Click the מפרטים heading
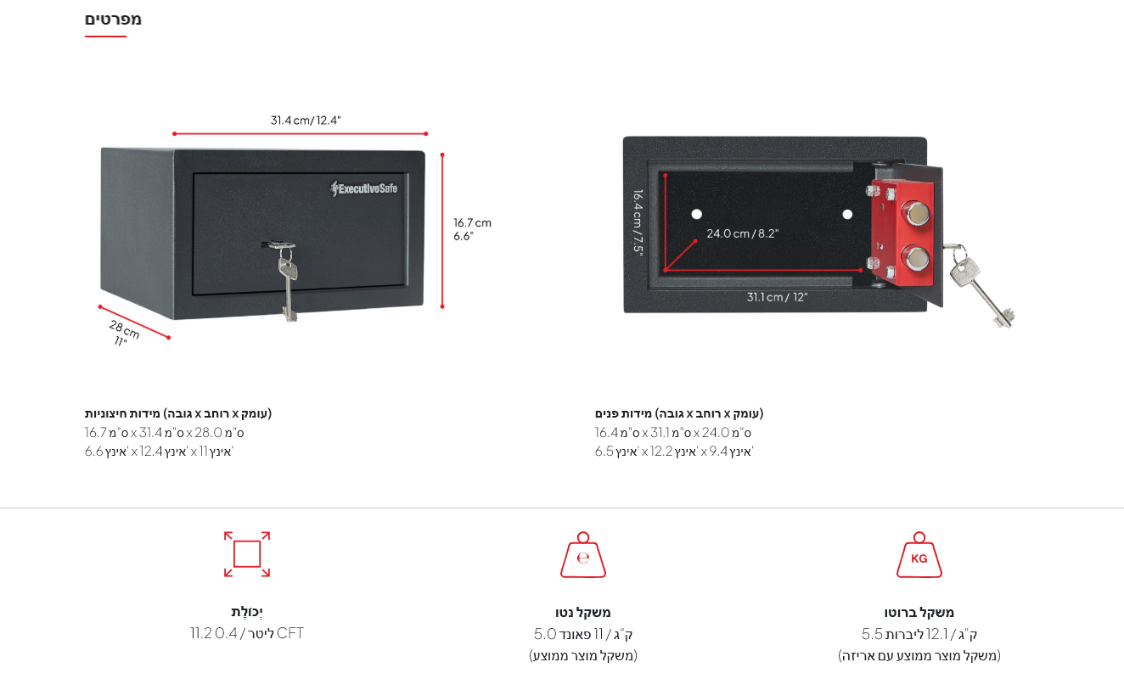113,20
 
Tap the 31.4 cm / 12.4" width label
306,121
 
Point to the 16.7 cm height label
472,223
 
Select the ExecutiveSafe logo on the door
363,188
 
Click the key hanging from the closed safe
287,281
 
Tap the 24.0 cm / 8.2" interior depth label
742,234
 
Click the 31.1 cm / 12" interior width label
777,297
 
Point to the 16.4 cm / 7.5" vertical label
638,223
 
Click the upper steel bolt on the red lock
917,214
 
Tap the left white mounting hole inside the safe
696,214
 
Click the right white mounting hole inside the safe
847,215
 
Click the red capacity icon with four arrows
247,554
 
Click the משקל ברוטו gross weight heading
919,612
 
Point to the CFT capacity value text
247,633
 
